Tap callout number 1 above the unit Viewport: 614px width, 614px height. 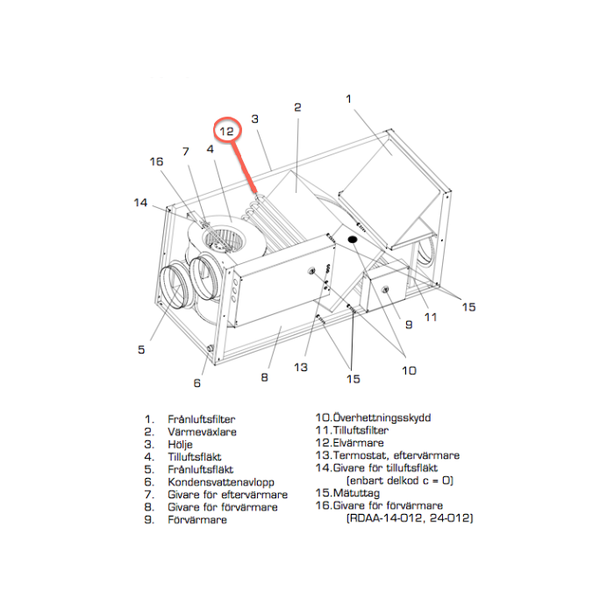coord(348,99)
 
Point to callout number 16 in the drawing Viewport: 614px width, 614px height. coord(156,161)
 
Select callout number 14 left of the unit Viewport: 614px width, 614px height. coord(140,203)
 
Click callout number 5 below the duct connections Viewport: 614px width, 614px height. coord(140,349)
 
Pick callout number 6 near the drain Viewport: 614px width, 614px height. coord(197,382)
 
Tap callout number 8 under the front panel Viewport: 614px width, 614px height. coord(264,378)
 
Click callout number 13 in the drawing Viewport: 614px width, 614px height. coord(301,367)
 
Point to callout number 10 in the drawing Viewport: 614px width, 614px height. coord(409,370)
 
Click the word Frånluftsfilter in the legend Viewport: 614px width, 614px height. coord(201,420)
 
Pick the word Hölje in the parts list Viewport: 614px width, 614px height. coord(181,445)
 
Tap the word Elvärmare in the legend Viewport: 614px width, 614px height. coord(360,443)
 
